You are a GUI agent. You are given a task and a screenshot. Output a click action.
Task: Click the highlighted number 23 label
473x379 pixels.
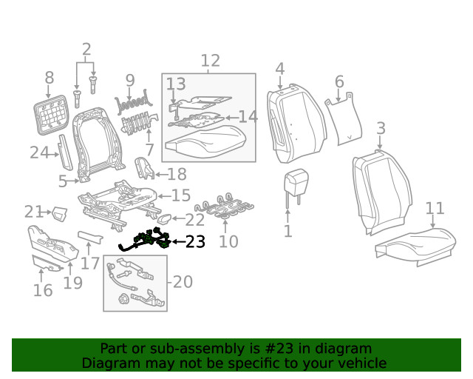point(195,241)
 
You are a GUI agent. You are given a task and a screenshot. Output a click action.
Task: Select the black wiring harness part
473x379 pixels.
point(148,241)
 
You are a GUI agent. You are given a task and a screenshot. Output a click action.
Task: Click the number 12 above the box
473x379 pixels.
point(210,61)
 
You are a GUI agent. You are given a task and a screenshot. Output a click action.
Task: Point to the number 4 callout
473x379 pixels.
point(279,69)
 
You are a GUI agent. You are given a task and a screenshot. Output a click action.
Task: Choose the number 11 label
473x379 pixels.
point(435,208)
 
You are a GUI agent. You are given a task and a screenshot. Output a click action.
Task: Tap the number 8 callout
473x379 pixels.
point(50,78)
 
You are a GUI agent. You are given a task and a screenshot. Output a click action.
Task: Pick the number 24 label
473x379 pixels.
point(38,153)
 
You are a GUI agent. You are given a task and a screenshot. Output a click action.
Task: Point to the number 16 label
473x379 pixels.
point(43,289)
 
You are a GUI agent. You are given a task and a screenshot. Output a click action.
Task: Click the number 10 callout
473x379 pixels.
point(228,241)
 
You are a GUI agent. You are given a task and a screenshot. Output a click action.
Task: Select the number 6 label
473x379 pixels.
point(339,81)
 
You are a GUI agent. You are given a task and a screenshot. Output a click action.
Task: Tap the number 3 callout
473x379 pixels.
point(380,129)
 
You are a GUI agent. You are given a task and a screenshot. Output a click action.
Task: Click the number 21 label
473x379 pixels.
point(34,212)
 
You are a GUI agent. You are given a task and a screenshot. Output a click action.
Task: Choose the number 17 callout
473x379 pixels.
point(90,263)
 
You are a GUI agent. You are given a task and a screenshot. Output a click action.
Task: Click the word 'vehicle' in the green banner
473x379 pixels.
point(362,363)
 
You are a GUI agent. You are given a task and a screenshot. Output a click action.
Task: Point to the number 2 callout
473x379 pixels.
point(86,50)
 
